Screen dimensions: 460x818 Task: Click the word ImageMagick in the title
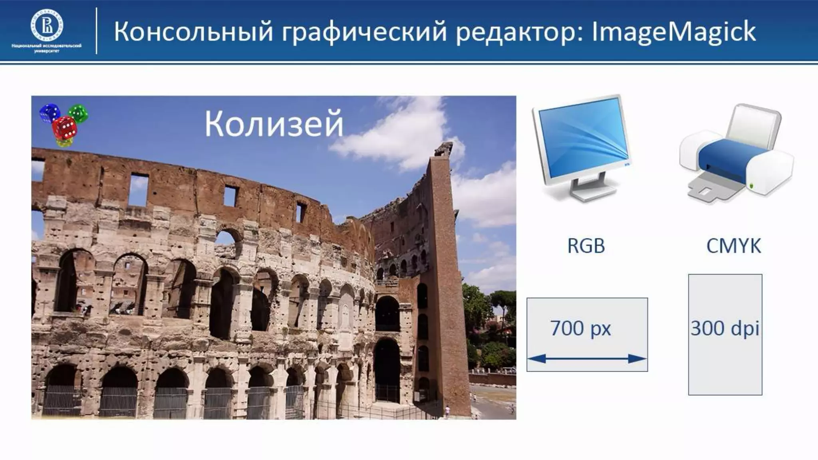coord(673,32)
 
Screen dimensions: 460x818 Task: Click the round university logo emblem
coord(47,26)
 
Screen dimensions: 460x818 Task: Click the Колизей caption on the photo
coord(274,124)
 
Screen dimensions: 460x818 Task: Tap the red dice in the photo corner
coord(65,129)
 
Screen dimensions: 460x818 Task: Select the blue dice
coord(50,113)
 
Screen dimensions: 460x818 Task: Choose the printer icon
coord(736,156)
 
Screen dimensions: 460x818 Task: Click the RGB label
coord(586,246)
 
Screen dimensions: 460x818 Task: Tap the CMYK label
coord(733,246)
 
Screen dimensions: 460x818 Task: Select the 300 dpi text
coord(725,328)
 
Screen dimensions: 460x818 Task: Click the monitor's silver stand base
coord(590,194)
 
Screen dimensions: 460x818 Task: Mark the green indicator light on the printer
coord(752,186)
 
